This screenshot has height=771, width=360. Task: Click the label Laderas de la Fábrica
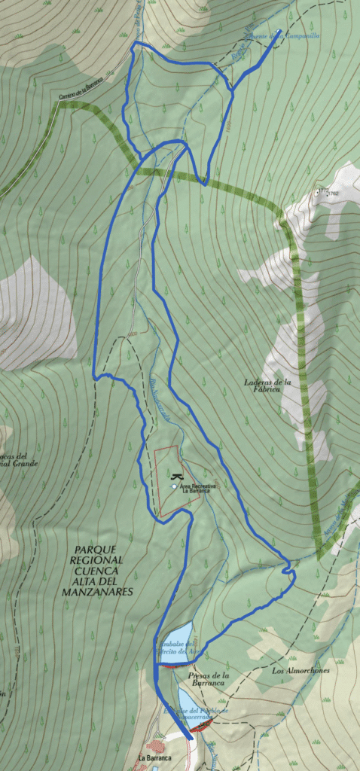tap(262, 385)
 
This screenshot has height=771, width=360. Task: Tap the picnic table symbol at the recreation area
tap(177, 477)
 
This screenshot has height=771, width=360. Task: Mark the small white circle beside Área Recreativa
tap(175, 487)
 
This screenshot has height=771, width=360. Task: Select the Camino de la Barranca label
tap(81, 90)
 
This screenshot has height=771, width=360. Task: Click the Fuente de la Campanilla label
tap(272, 36)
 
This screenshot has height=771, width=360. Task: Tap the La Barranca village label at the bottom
tap(154, 758)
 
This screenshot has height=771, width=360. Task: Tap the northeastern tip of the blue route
tap(280, 30)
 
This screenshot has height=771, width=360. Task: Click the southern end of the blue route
tap(191, 739)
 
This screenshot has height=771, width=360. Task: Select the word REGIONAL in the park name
tap(97, 560)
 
